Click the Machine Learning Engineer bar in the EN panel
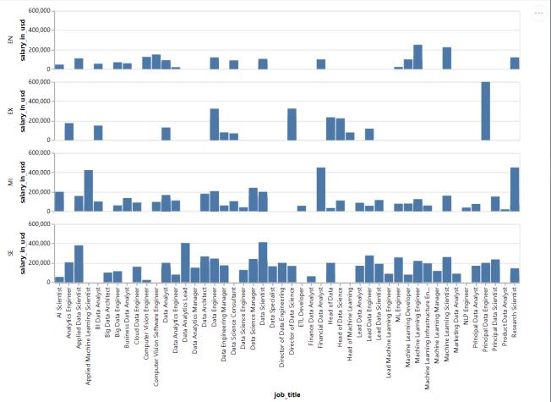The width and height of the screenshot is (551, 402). click(x=417, y=57)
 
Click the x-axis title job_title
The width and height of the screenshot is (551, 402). click(x=287, y=394)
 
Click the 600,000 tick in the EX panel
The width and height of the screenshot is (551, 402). click(x=37, y=82)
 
